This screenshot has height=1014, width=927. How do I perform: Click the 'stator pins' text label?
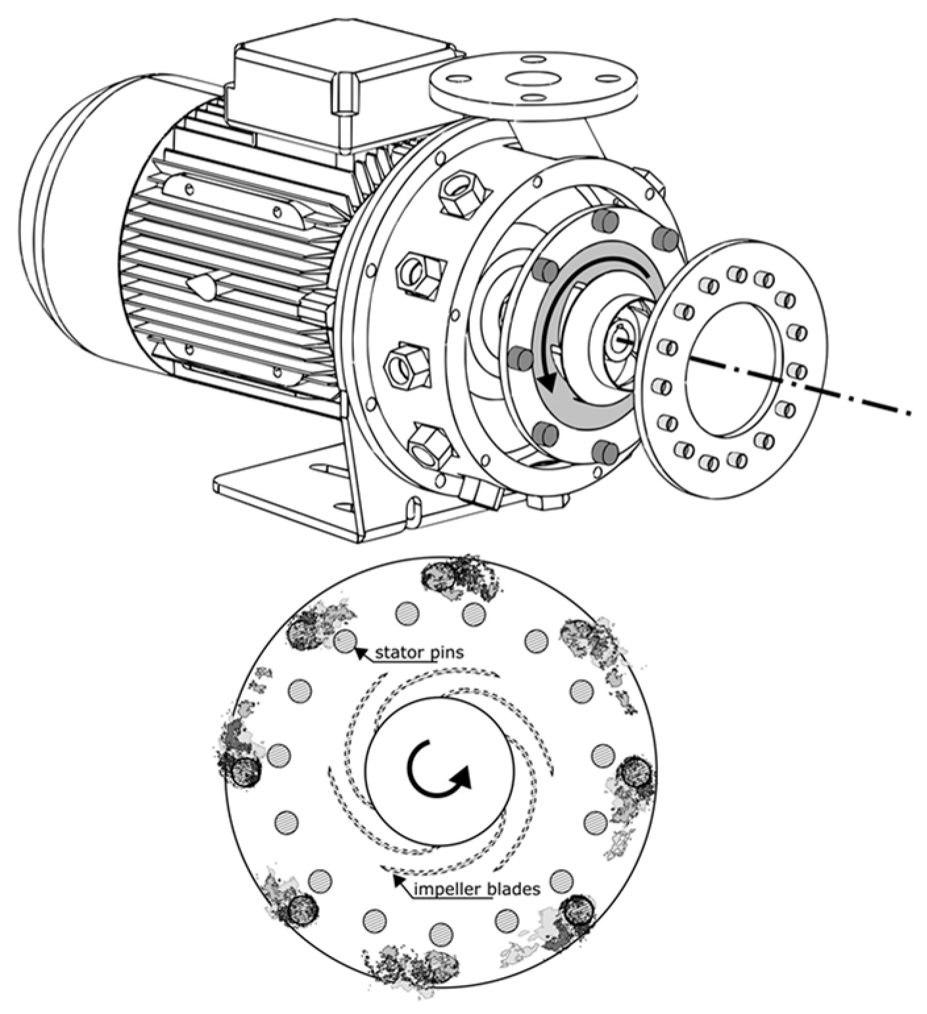pos(420,653)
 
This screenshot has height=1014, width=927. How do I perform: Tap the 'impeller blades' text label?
pos(478,889)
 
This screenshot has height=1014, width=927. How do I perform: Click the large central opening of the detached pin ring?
pos(734,369)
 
